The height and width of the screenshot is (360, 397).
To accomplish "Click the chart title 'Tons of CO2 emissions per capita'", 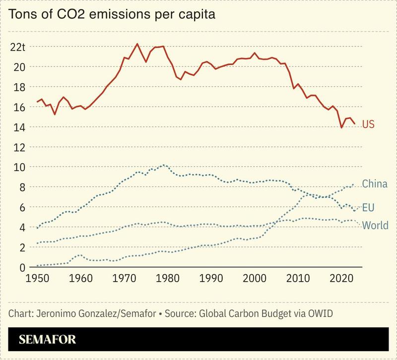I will point(112,14).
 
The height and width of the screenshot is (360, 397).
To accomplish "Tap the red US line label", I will point(368,124).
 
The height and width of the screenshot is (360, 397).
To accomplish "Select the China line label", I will point(375,184).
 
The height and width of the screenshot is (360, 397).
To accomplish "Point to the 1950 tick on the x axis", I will point(37,278).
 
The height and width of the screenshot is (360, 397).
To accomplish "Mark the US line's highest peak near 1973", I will point(137,44).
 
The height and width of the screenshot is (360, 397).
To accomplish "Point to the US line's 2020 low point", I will point(341,128).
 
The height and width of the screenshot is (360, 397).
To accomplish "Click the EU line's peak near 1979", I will point(164,165).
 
